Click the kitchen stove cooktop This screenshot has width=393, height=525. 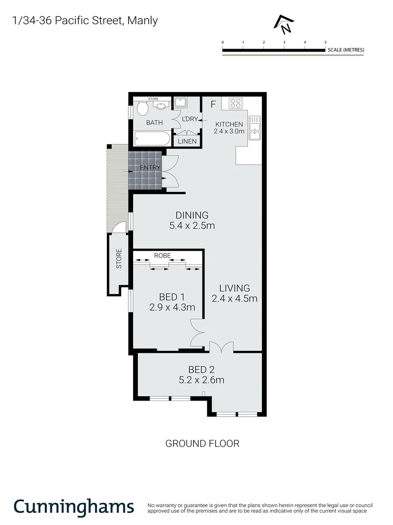(x=236, y=103)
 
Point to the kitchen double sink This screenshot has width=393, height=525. (x=255, y=128)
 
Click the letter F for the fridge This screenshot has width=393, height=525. (x=213, y=104)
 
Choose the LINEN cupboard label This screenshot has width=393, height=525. (x=188, y=141)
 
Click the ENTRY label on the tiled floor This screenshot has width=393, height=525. (x=150, y=168)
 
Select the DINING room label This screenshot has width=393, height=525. (x=192, y=215)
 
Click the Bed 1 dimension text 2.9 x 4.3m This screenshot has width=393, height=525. (x=172, y=307)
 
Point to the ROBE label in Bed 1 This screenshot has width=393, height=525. (x=162, y=255)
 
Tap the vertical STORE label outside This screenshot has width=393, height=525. (x=119, y=259)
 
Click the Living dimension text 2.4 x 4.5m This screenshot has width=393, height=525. (x=234, y=298)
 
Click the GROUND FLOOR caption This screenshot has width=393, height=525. (x=203, y=443)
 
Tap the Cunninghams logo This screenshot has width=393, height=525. (x=73, y=507)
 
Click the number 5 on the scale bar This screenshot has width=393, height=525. (x=325, y=43)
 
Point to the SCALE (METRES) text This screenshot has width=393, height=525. (x=345, y=50)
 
